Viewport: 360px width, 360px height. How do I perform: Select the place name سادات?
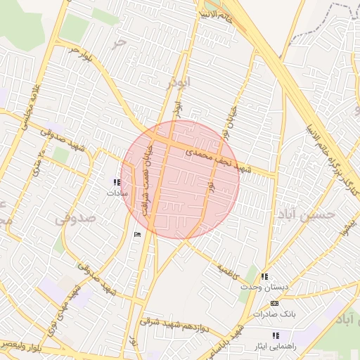pyautogui.click(x=116, y=191)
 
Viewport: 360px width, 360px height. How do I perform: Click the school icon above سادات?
pyautogui.click(x=116, y=182)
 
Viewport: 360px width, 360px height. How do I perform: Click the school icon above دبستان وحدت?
pyautogui.click(x=264, y=278)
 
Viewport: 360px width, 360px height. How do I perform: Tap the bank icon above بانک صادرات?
pyautogui.click(x=274, y=303)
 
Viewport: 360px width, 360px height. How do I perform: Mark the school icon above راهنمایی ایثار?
pyautogui.click(x=275, y=336)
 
